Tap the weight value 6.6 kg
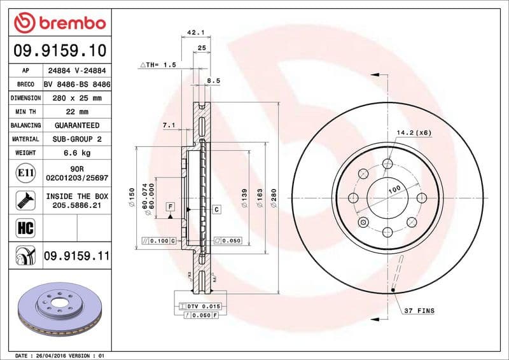[x=77, y=153]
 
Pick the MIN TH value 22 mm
[x=77, y=112]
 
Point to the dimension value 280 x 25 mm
[x=77, y=99]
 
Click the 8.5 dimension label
[x=214, y=81]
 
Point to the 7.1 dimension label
[x=169, y=125]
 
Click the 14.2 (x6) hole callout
[x=414, y=132]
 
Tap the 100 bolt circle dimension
[x=394, y=190]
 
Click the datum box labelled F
[x=171, y=206]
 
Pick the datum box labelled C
[x=216, y=209]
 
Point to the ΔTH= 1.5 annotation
[x=157, y=65]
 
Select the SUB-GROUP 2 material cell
[x=77, y=139]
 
